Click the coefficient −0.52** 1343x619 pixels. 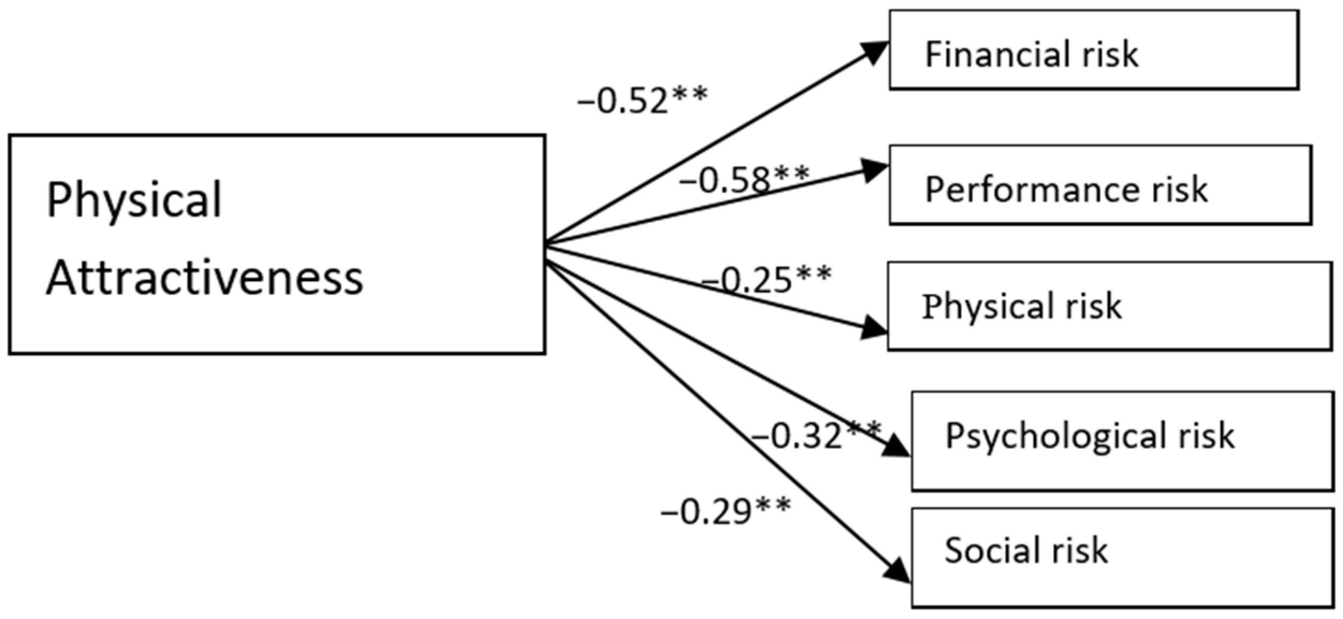point(642,100)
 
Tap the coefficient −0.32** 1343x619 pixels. point(815,435)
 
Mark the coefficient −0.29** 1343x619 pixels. point(725,510)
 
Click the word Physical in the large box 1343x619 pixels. point(134,200)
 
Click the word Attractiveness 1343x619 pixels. point(204,278)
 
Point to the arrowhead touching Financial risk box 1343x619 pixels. point(874,51)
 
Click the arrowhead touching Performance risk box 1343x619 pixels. point(873,170)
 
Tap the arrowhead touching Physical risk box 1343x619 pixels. point(872,327)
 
